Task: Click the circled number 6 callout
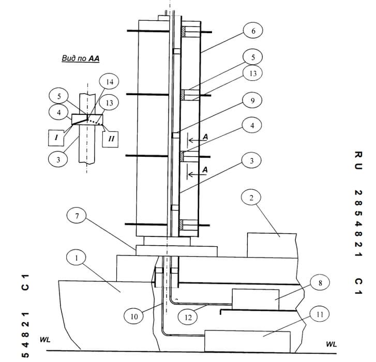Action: click(253, 31)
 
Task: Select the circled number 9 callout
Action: click(252, 100)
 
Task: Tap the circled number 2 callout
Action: click(251, 198)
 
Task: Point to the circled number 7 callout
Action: click(77, 216)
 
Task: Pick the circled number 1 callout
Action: click(76, 258)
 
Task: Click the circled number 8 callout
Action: click(320, 283)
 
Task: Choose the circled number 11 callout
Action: click(320, 314)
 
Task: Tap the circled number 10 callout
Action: click(134, 316)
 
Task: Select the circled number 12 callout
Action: click(188, 318)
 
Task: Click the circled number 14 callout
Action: click(109, 82)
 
